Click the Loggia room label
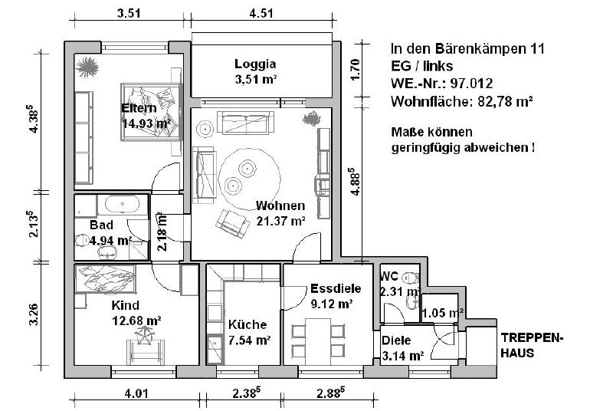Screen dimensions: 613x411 pos(255,64)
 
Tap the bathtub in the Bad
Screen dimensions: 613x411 pos(123,204)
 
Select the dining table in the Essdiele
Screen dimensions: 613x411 pos(318,341)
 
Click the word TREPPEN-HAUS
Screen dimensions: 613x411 pos(532,346)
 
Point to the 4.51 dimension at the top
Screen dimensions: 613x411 pos(261,13)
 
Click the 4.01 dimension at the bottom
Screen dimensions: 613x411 pos(136,393)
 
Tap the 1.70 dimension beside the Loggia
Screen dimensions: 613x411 pos(355,70)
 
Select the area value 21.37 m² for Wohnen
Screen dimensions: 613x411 pos(280,222)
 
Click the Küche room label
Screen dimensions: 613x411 pos(247,324)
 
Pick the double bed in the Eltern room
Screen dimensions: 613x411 pos(150,111)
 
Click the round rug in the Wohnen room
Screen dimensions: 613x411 pos(250,179)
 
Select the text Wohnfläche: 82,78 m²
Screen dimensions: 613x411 pos(462,102)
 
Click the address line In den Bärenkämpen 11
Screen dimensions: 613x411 pos(467,49)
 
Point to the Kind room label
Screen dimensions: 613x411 pos(125,305)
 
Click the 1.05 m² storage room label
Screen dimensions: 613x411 pos(443,314)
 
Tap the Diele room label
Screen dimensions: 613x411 pos(396,340)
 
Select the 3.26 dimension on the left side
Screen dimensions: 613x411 pos(34,314)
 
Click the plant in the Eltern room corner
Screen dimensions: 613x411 pos(87,67)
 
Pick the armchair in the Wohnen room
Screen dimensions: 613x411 pos(232,224)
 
